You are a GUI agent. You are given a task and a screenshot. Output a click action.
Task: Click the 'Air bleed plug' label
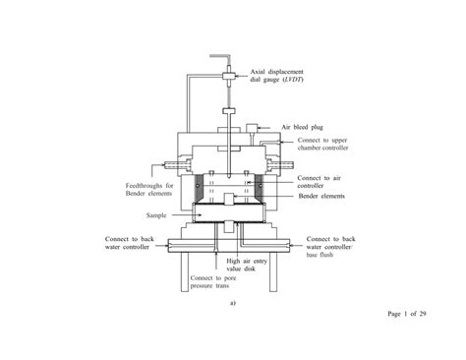pos(302,127)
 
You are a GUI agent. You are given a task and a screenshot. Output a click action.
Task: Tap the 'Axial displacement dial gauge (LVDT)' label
pos(277,76)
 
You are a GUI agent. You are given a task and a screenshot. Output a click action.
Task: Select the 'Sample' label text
pos(156,215)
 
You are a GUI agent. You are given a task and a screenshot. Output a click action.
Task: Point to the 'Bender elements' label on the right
pos(321,196)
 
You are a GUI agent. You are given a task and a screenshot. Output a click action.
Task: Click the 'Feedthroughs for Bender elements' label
pos(149,190)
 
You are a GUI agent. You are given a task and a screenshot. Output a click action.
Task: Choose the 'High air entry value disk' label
pos(247,265)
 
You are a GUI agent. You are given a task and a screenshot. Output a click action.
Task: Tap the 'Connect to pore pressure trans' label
pos(213,282)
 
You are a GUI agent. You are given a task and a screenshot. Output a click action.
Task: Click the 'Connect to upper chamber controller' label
pos(322,144)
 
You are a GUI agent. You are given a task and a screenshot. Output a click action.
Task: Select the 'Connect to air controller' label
pos(320,182)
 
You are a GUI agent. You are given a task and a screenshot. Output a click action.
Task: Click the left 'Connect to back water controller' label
pos(130,243)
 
